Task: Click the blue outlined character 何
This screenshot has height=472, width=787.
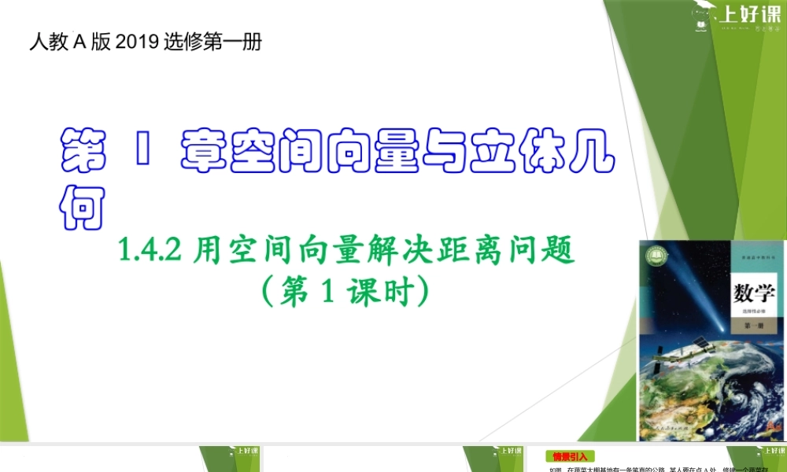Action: tap(83, 205)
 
